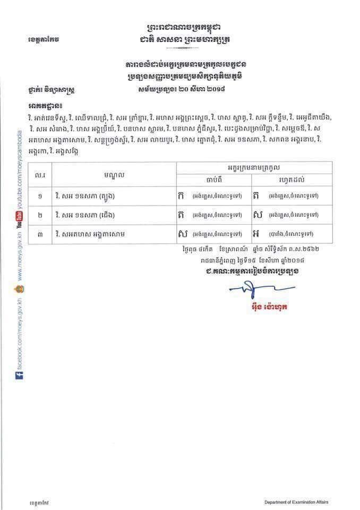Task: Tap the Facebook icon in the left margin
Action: [19, 375]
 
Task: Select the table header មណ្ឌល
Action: [115, 174]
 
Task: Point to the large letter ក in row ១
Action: [183, 195]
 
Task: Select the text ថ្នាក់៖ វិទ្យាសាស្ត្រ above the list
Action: [51, 90]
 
